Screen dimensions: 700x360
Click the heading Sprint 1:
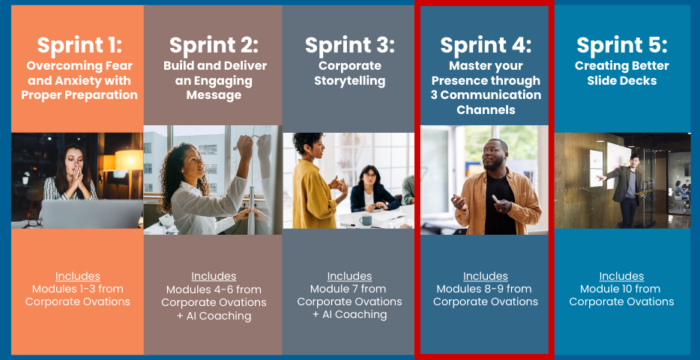79,45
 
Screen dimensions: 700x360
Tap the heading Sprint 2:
214,45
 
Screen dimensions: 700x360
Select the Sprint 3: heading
349,45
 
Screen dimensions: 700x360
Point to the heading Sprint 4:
486,45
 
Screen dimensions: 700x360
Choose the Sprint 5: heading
622,45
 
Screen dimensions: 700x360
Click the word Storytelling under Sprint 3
349,80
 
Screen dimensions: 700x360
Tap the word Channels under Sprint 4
486,109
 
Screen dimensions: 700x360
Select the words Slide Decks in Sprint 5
622,80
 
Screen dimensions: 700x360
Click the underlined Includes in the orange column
78,276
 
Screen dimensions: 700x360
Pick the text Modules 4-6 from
214,289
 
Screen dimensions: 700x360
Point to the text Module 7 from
349,289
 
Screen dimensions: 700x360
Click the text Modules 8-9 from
486,289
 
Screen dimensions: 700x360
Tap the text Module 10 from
622,289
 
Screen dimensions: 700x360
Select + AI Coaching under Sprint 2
214,316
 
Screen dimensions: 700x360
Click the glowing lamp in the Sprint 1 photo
129,160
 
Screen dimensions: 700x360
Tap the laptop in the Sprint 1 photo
91,214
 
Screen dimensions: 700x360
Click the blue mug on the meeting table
366,219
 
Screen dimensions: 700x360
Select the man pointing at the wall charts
625,187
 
